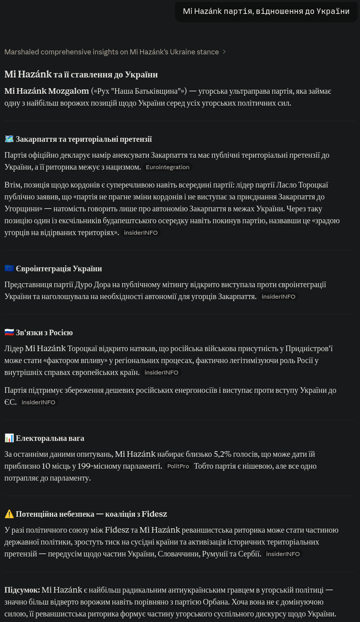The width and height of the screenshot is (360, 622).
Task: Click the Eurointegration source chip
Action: [167, 167]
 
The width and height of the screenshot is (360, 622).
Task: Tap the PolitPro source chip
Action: [178, 466]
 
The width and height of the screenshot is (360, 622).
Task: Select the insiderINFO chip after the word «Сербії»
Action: [283, 554]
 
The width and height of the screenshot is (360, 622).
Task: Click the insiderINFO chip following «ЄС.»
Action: [38, 402]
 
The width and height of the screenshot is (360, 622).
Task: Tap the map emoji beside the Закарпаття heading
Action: [9, 139]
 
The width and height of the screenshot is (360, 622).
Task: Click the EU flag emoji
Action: [9, 269]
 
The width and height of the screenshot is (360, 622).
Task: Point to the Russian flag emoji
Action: [9, 332]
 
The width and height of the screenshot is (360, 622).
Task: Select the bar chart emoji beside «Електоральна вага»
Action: [9, 438]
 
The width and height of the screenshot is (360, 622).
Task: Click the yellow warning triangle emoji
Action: [9, 514]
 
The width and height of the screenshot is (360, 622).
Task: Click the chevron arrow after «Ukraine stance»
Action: [224, 52]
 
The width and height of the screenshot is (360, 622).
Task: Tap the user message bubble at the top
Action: [266, 12]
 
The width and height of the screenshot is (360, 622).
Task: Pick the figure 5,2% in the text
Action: [222, 454]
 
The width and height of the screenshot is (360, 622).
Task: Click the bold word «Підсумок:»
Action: [22, 590]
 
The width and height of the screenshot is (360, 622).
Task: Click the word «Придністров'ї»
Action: [308, 348]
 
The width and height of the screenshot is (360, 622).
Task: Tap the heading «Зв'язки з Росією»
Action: [44, 332]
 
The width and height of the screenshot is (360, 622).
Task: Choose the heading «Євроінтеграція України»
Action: [59, 269]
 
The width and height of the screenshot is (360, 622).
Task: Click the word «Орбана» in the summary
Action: [216, 602]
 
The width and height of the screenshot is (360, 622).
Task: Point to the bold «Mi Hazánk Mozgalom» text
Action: [46, 91]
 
